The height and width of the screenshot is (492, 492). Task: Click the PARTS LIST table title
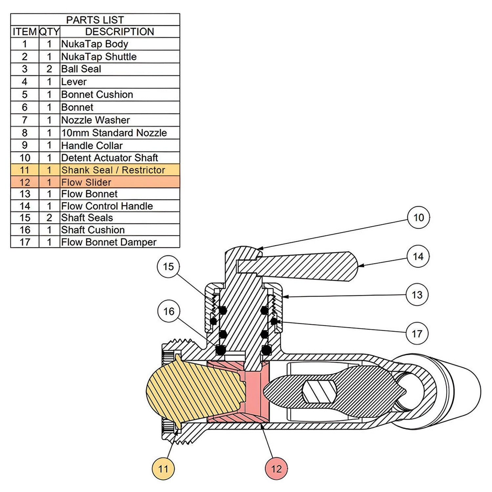95,20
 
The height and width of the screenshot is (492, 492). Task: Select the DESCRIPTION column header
119,31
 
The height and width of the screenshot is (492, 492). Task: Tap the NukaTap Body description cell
94,44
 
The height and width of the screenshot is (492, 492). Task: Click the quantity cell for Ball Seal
49,69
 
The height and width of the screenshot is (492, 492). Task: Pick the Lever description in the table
74,82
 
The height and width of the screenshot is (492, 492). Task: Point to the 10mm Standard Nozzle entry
114,133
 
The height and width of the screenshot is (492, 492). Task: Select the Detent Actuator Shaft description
110,158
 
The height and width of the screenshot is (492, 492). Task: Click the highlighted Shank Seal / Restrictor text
113,170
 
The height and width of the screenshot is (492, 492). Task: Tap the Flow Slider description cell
86,182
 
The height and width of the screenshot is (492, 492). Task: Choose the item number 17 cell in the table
25,242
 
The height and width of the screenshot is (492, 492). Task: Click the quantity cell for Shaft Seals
49,218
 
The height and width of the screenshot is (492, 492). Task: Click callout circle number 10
418,217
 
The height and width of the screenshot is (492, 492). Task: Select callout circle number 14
418,256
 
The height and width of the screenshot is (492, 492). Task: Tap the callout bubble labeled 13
417,295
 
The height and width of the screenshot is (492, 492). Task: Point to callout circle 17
417,334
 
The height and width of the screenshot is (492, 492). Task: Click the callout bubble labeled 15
168,266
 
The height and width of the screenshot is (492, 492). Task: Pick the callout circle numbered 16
169,311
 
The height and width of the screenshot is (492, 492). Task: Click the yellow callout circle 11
163,469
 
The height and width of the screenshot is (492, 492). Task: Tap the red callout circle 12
276,469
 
